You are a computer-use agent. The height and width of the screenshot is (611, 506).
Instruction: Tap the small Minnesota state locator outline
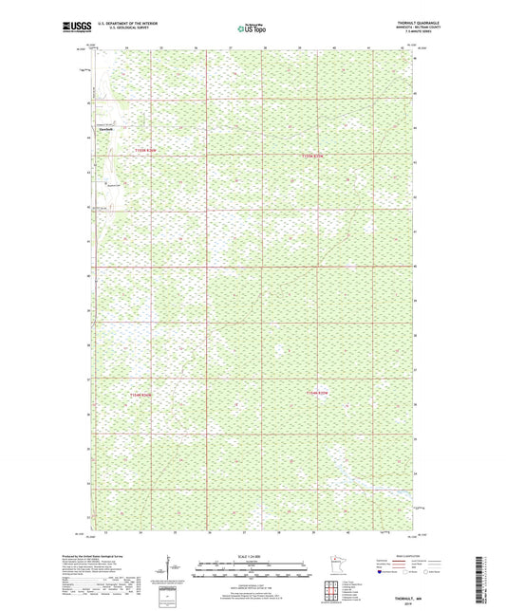pyautogui.click(x=340, y=563)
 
